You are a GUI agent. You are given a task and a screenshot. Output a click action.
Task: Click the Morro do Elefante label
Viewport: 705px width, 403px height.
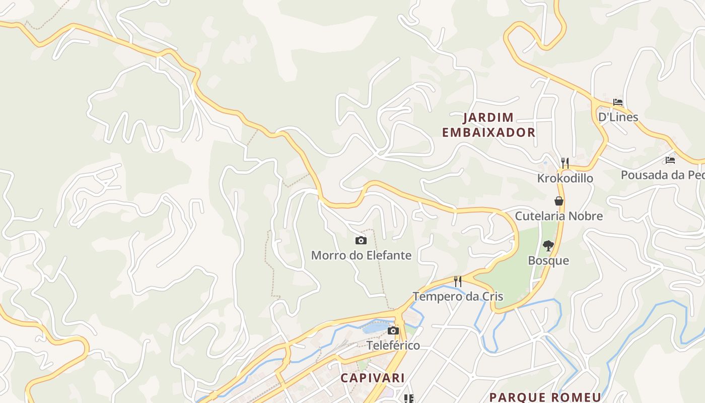361,255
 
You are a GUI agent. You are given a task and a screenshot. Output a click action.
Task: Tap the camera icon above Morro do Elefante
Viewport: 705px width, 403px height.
361,241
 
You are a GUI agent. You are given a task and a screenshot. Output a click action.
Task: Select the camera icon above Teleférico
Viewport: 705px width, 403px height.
393,330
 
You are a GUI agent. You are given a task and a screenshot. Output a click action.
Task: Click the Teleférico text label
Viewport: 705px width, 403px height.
393,346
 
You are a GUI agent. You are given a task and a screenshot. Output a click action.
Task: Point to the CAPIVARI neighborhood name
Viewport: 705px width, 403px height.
373,378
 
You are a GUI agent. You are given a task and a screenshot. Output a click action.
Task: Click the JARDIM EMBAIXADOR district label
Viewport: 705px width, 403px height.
488,125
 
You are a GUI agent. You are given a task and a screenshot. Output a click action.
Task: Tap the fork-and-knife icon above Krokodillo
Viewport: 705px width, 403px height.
565,163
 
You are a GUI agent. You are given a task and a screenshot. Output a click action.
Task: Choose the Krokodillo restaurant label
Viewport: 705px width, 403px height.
565,178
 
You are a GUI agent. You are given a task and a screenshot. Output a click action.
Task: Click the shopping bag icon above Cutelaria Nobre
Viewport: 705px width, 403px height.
559,201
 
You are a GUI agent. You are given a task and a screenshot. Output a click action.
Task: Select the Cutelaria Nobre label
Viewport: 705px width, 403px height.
558,216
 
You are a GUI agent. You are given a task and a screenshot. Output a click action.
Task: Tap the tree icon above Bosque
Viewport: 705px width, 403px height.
548,246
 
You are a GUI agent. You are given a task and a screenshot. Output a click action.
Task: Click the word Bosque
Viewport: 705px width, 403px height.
548,260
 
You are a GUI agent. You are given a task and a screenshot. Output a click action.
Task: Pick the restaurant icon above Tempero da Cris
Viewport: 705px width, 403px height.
458,281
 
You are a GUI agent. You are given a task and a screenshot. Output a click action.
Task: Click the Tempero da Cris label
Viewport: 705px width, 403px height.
458,296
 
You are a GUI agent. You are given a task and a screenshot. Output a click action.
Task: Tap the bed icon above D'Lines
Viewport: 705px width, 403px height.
618,102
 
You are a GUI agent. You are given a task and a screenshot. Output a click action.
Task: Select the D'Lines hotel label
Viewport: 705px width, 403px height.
618,117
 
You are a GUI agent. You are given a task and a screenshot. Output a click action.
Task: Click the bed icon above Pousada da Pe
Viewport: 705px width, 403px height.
670,160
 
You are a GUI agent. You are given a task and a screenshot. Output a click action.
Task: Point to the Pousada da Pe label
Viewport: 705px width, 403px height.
662,175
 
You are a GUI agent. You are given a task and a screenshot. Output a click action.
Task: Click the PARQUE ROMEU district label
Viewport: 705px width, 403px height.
545,397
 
